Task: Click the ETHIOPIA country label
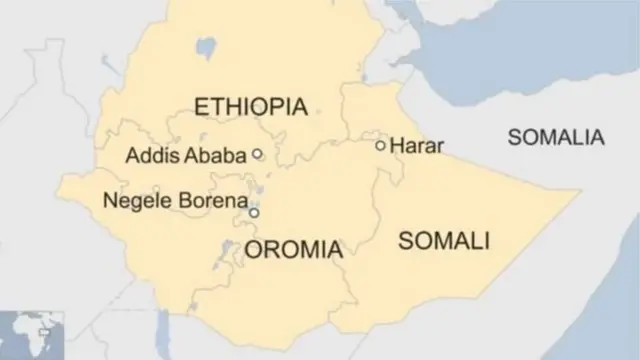click(x=250, y=107)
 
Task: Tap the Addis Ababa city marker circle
click(x=257, y=154)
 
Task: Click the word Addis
click(x=148, y=156)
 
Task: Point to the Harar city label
click(x=417, y=146)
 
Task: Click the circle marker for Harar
click(x=380, y=146)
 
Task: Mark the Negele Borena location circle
click(x=254, y=213)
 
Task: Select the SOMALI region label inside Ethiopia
click(x=444, y=240)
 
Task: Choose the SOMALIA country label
click(x=556, y=138)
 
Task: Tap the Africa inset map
click(x=32, y=335)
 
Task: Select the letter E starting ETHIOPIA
click(x=201, y=107)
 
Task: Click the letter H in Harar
click(x=397, y=146)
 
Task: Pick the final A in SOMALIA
click(x=596, y=138)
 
